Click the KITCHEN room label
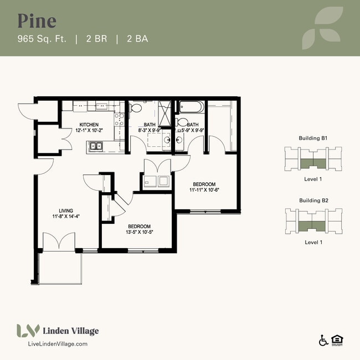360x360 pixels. tap(89, 125)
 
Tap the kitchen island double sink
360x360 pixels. tap(96, 147)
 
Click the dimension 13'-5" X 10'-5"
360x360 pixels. tap(140, 233)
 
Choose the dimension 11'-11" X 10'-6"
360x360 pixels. tap(204, 190)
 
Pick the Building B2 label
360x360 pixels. tap(313, 200)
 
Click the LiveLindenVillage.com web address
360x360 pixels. tap(58, 344)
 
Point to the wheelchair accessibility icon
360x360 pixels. tap(323, 341)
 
